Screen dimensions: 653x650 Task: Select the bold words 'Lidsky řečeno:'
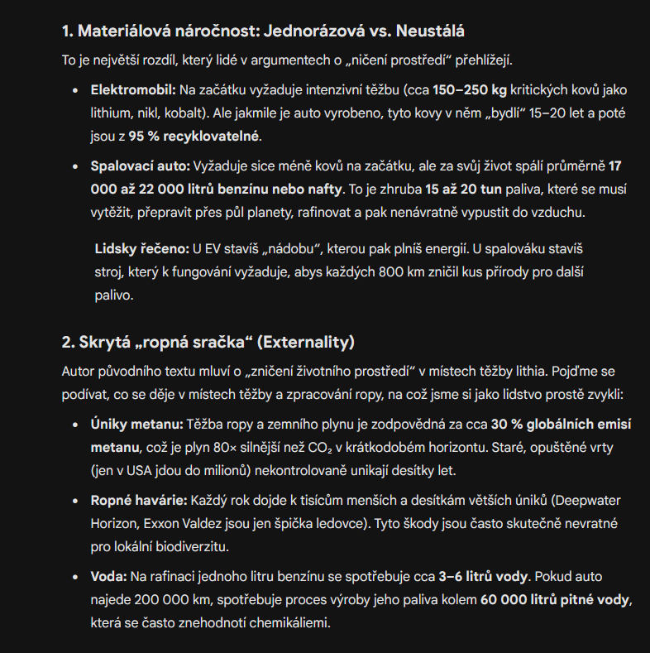click(x=141, y=248)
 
